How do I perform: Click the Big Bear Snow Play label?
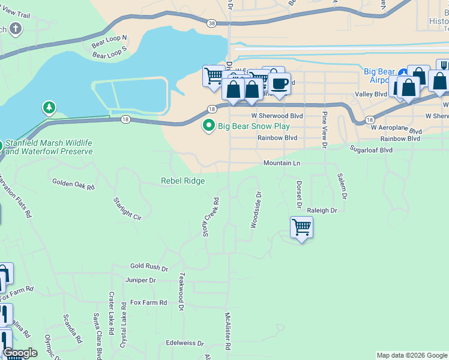point(253,127)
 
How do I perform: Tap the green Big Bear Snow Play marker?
point(209,126)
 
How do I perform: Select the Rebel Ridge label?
point(182,181)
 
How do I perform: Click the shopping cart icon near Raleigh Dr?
point(301,228)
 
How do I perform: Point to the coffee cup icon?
point(279,83)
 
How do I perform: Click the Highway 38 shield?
point(211,23)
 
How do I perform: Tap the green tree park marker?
point(49,108)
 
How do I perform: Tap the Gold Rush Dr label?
point(149,266)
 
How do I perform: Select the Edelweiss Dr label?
point(185,344)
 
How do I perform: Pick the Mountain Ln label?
point(282,163)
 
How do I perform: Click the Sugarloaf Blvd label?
point(371,150)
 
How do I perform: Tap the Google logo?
point(20,353)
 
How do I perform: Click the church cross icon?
point(15,28)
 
